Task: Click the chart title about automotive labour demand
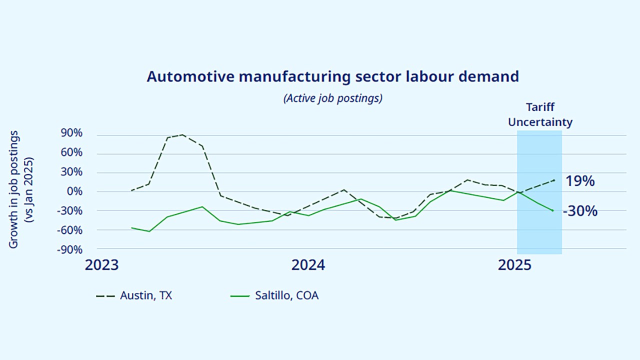click(332, 77)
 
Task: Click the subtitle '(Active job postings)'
click(332, 98)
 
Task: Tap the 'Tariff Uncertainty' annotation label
click(540, 115)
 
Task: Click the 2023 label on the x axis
click(101, 265)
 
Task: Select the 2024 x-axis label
click(308, 265)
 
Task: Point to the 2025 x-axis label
click(514, 265)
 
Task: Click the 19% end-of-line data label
click(580, 181)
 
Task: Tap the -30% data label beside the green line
click(580, 211)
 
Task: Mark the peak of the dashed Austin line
click(182, 134)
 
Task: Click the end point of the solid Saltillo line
click(553, 211)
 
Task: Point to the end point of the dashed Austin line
click(554, 180)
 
